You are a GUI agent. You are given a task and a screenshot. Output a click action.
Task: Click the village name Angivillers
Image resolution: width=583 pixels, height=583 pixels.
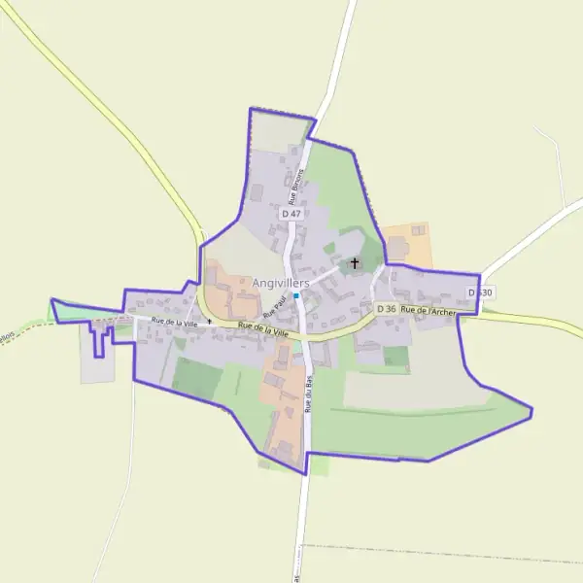pos(280,283)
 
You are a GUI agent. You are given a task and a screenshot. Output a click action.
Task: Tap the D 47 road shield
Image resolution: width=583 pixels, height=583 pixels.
pos(291,213)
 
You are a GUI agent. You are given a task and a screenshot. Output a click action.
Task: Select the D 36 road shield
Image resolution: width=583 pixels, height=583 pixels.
pos(387,309)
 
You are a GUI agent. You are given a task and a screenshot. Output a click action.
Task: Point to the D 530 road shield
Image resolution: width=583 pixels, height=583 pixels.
pos(480,292)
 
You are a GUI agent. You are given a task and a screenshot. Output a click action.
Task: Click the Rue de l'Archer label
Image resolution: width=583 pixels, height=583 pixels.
pos(429,310)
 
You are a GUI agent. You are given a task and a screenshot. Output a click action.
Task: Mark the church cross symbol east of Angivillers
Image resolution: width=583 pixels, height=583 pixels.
pos(355,262)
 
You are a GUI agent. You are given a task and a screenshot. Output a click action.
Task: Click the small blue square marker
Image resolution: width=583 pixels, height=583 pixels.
pos(296,295)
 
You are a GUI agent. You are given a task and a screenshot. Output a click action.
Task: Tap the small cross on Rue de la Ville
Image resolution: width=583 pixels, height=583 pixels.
pos(209,322)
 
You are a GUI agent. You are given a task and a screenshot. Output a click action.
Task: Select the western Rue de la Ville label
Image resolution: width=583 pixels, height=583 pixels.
pos(174,321)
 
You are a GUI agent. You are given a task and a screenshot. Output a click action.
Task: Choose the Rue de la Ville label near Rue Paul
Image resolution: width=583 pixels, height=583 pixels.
pos(263,329)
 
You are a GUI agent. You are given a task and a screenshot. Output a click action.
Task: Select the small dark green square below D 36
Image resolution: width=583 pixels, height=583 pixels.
pos(395,357)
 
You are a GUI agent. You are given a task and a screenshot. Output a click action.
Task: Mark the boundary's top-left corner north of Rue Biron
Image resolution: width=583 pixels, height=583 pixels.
pos(251,110)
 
